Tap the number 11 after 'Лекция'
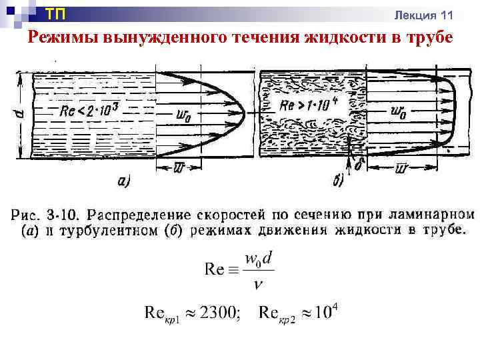click(x=447, y=15)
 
